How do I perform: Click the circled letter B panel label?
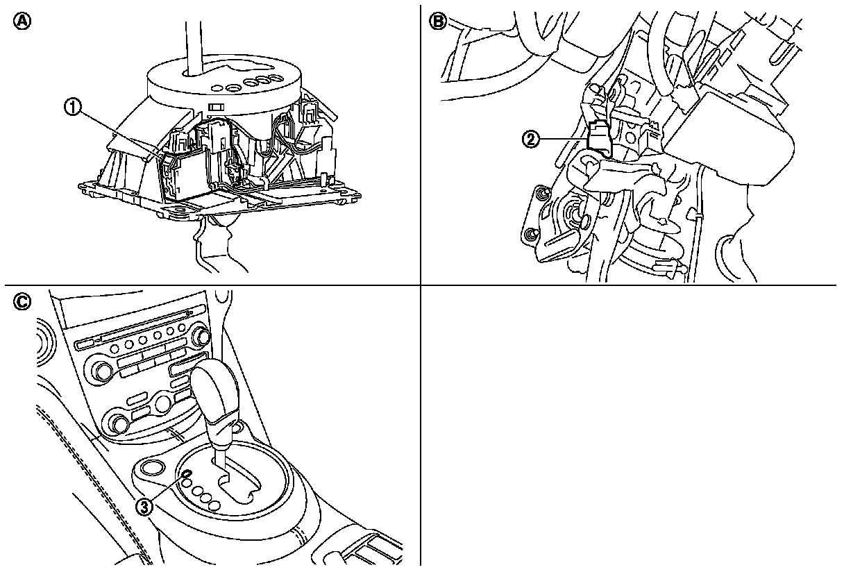[438, 21]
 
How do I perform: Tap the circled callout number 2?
[531, 139]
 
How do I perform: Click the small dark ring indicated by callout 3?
[186, 475]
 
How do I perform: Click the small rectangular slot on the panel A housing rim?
[217, 108]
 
